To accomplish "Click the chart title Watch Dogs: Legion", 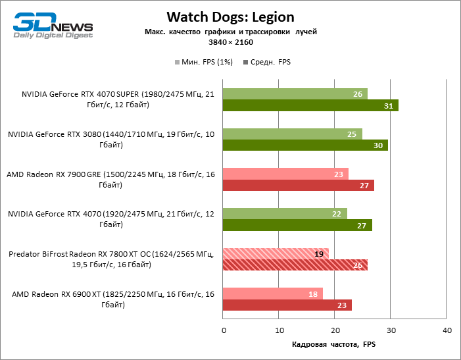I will [230, 16].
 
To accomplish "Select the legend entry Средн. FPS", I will [267, 62].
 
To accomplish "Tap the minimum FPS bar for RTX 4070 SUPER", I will [295, 93].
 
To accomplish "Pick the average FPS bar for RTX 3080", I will [305, 145].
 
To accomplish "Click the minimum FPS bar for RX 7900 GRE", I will [285, 174].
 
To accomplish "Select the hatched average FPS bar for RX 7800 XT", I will [295, 265].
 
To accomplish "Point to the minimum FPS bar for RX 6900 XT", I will [273, 294].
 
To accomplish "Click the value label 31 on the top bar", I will [389, 106].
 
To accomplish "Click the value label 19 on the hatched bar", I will [319, 253].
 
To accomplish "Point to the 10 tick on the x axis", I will [279, 330].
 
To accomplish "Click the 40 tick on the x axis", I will [447, 330].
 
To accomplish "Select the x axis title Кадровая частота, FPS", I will [333, 344].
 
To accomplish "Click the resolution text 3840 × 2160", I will [230, 42].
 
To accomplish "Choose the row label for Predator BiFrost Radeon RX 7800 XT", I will [111, 259].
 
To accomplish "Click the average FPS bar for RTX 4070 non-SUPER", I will [297, 225].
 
